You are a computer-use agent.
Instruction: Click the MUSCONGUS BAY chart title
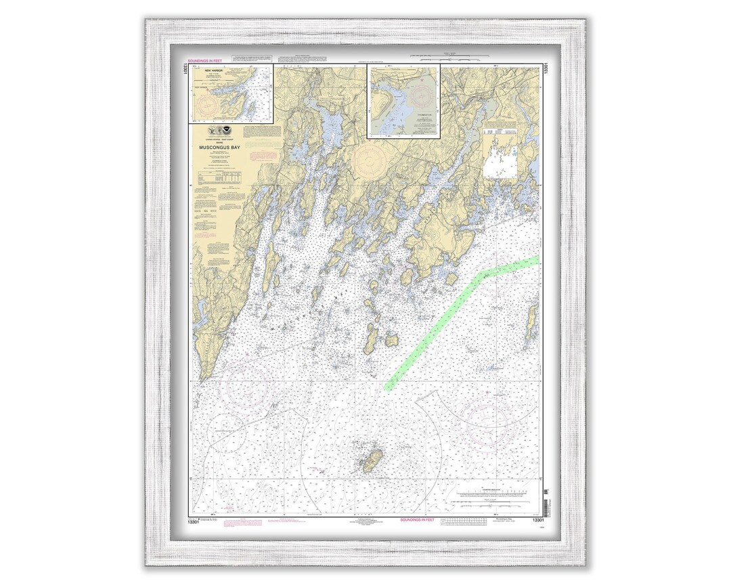tap(219, 146)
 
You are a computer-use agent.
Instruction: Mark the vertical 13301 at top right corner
tap(546, 69)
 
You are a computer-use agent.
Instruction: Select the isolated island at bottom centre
tap(372, 460)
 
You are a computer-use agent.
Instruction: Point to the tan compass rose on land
tap(370, 160)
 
